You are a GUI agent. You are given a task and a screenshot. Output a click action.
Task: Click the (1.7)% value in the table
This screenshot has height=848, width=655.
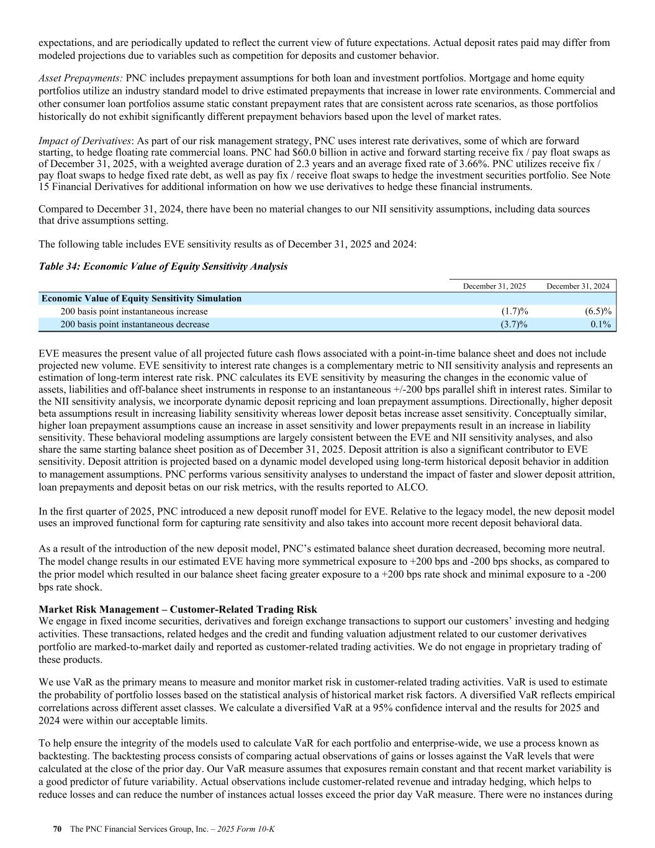pyautogui.click(x=514, y=311)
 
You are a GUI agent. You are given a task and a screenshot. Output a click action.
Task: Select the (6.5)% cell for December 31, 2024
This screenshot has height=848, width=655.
pyautogui.click(x=599, y=311)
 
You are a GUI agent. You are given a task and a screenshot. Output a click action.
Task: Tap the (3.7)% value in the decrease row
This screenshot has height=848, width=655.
pyautogui.click(x=514, y=324)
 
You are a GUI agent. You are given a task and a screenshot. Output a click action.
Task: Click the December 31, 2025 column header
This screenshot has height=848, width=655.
pyautogui.click(x=495, y=286)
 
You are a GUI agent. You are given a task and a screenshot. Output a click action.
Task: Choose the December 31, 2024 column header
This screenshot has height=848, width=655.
pyautogui.click(x=578, y=286)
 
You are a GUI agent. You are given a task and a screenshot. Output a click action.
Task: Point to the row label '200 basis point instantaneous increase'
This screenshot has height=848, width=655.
pyautogui.click(x=133, y=311)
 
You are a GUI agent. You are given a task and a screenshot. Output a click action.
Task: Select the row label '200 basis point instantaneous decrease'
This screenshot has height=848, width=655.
pyautogui.click(x=134, y=324)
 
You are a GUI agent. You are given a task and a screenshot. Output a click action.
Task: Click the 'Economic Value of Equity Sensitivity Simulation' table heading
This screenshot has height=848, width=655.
pyautogui.click(x=142, y=298)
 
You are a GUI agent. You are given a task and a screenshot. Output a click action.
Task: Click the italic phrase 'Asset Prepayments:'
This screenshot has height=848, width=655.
pyautogui.click(x=81, y=78)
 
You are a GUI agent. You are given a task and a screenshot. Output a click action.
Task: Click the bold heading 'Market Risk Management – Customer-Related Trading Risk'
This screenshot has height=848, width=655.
pyautogui.click(x=178, y=609)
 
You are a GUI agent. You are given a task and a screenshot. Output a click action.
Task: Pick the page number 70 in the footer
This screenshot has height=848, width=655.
pyautogui.click(x=57, y=829)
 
